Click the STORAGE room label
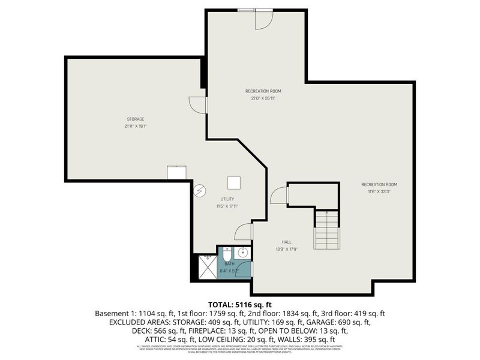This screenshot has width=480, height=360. pos(135,119)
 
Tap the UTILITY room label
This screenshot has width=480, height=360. pos(226,199)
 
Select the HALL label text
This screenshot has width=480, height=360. pos(286,243)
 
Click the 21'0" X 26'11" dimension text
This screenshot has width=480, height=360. pos(263,98)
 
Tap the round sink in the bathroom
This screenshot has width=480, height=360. pos(244,253)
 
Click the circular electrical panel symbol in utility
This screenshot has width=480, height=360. pos(200,190)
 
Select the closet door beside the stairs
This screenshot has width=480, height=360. pos(279,196)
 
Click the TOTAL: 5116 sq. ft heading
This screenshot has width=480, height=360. pos(240,305)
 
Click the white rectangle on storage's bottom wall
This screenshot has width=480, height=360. pos(177,173)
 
